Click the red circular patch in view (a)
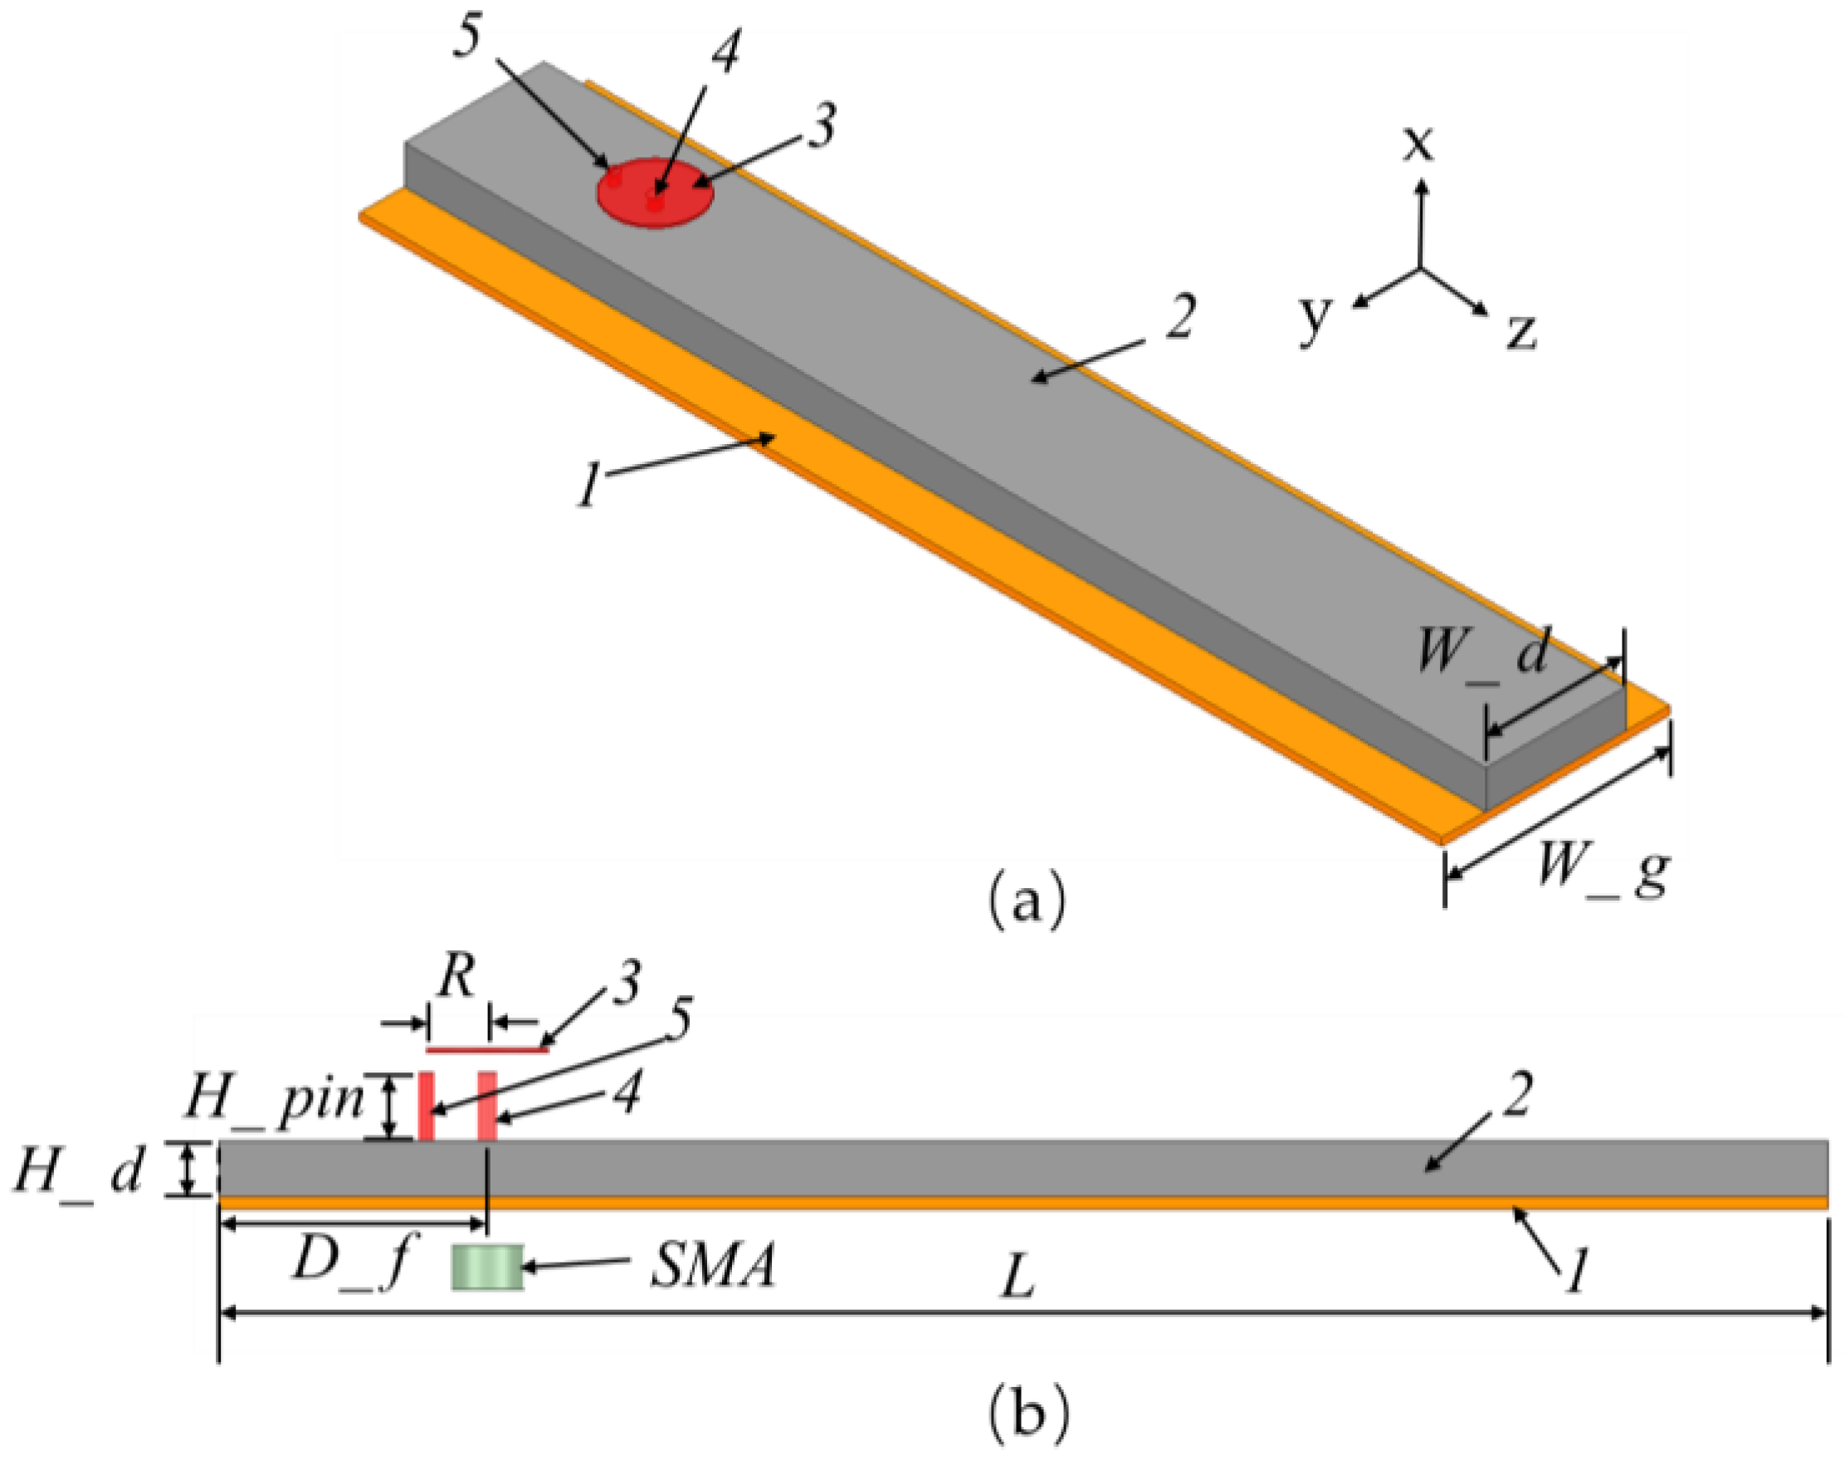[x=655, y=193]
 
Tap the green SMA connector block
[x=487, y=1267]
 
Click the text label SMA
[x=712, y=1267]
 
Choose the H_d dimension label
[x=79, y=1170]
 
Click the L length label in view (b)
[x=1018, y=1280]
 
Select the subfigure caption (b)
[x=1027, y=1414]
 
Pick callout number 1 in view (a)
[x=588, y=487]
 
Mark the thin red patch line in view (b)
[x=487, y=1048]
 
